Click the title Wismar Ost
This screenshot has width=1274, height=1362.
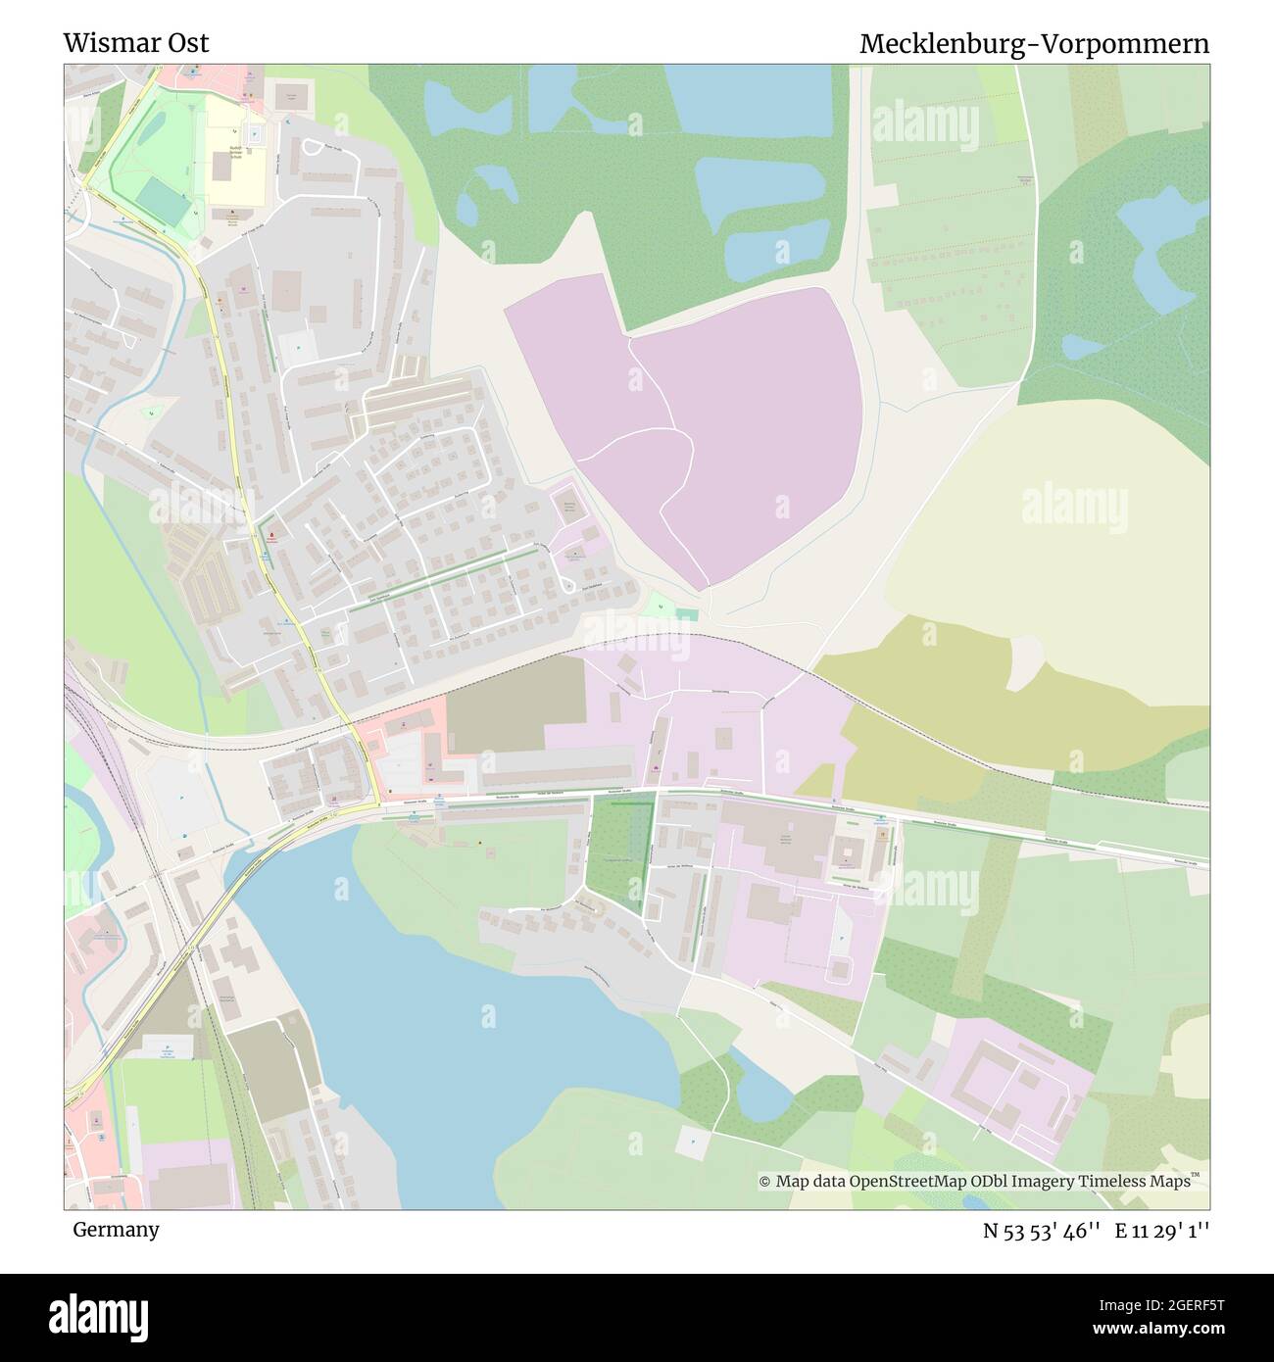click(136, 43)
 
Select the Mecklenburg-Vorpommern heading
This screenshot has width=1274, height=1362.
click(1034, 44)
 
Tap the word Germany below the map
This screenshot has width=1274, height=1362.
click(116, 1229)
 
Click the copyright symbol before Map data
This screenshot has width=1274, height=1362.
click(765, 1182)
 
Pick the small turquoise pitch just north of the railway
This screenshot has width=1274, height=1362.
click(687, 614)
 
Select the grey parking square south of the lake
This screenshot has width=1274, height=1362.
click(692, 1143)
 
